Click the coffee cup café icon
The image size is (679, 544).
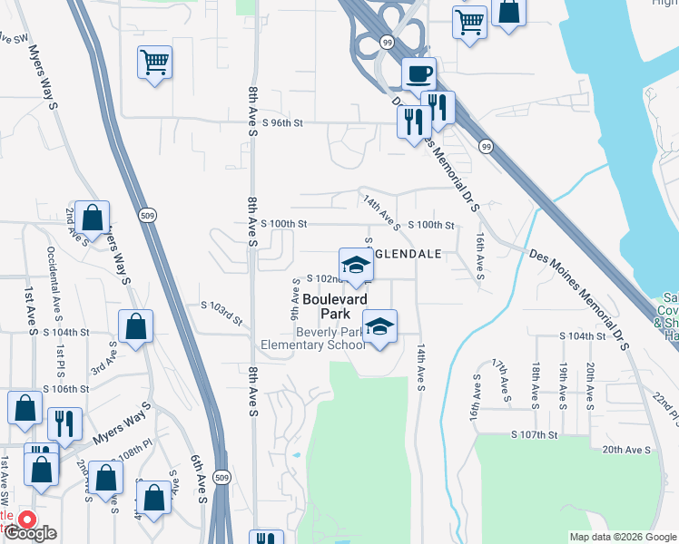pos(418,73)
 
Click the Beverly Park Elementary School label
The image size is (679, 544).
pos(312,338)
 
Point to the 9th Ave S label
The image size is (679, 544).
pos(295,298)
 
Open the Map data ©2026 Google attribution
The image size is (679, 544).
pos(623,537)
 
